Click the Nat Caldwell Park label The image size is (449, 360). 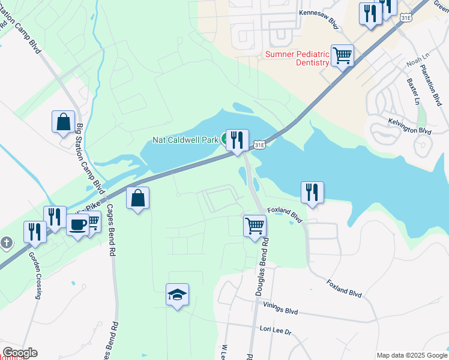(x=184, y=140)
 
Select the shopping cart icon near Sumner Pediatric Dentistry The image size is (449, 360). (x=342, y=56)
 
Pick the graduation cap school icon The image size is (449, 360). (x=177, y=295)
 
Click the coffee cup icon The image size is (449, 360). (x=77, y=226)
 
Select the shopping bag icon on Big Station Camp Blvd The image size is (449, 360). (x=63, y=122)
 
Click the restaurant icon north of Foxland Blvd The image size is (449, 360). (x=312, y=193)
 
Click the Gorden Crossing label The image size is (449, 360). (x=35, y=275)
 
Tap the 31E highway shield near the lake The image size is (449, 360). (x=259, y=145)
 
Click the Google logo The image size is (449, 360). (x=20, y=353)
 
